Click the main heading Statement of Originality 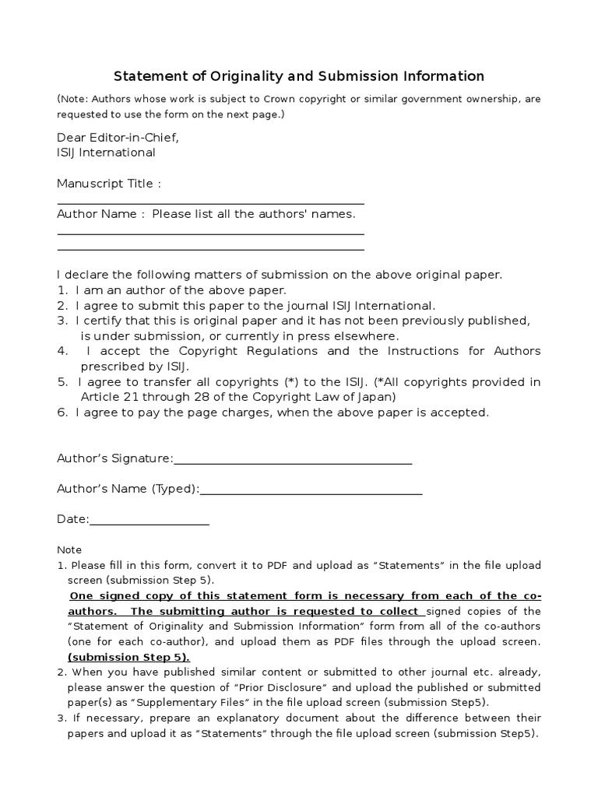click(299, 76)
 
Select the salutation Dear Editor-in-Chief click(118, 138)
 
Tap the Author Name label click(101, 214)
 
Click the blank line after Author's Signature click(293, 459)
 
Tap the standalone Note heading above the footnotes click(69, 549)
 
